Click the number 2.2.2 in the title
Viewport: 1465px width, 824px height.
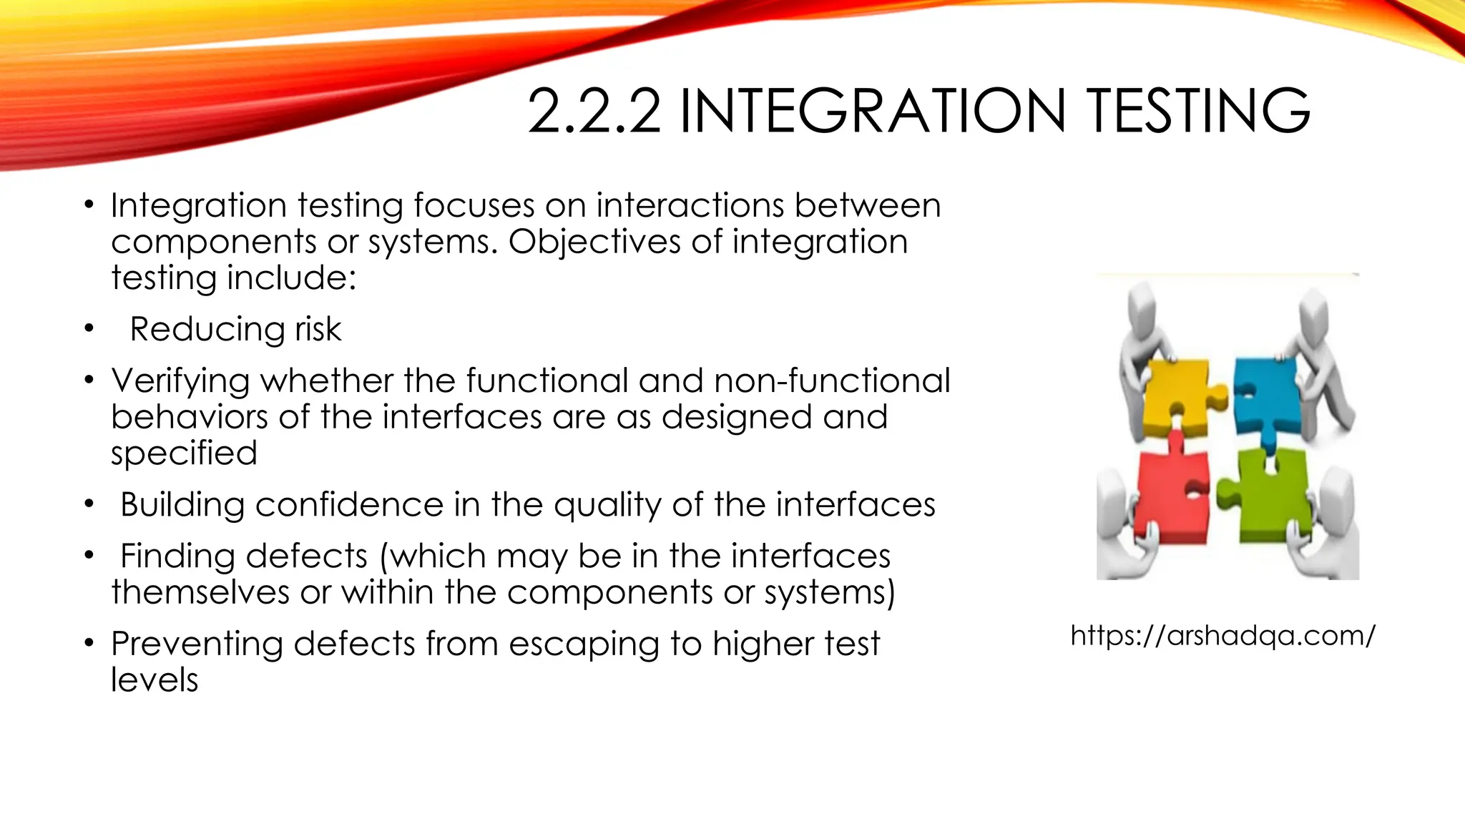[594, 111]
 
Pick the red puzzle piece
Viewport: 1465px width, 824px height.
[1171, 493]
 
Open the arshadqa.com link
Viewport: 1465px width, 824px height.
[1223, 635]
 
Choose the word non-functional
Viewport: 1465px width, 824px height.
[832, 381]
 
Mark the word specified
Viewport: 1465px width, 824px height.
[184, 453]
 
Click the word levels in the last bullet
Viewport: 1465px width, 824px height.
[155, 680]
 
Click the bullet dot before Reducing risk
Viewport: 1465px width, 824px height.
[88, 329]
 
